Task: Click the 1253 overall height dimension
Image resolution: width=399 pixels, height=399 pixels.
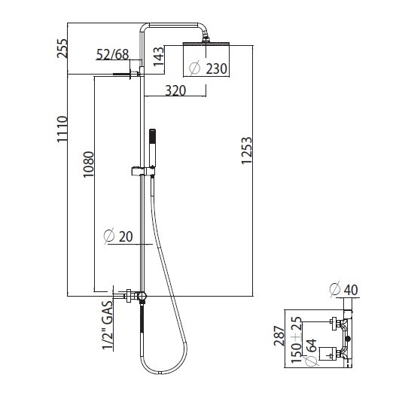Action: tap(247, 151)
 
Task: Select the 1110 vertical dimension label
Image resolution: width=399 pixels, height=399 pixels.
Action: tap(62, 129)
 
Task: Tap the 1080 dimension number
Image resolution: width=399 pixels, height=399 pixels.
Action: tap(89, 164)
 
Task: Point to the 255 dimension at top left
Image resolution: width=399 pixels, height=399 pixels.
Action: tap(62, 48)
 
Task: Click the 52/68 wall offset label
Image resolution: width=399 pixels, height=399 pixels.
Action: tap(113, 54)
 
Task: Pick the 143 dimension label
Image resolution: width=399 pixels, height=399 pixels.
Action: tap(159, 56)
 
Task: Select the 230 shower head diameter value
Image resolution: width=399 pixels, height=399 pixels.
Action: tap(216, 69)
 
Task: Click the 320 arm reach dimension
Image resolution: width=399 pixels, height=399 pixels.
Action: tap(175, 90)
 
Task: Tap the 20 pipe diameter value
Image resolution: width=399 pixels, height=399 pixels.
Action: tap(126, 236)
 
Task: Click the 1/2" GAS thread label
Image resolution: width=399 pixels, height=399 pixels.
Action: tap(108, 325)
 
